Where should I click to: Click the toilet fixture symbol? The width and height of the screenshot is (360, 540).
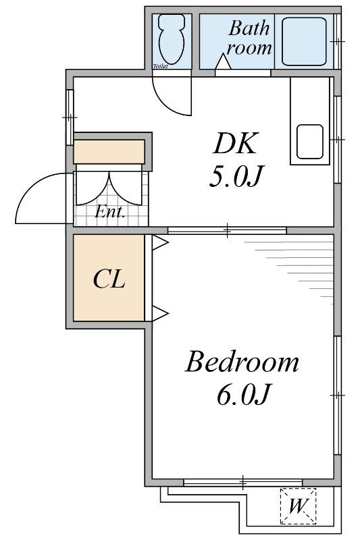point(171,39)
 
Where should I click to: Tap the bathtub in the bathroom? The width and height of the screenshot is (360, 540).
point(304,41)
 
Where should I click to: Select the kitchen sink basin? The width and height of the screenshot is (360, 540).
point(310,142)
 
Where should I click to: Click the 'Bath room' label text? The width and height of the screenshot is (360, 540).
point(249,38)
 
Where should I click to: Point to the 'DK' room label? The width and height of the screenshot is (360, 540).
point(235,143)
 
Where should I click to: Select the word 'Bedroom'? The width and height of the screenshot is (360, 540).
point(242,362)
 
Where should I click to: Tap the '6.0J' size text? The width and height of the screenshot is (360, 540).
point(242,394)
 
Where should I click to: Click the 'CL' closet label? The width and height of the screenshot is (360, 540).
point(109,279)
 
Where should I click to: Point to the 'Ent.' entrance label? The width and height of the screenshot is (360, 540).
point(110,212)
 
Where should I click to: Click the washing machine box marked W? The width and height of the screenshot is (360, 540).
point(298,506)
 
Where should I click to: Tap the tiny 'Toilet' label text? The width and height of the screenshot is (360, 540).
point(161,66)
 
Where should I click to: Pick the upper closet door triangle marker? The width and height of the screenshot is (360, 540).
point(160,242)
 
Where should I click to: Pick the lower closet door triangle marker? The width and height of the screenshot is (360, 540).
point(160,313)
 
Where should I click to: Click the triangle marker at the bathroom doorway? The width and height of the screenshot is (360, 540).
point(224,62)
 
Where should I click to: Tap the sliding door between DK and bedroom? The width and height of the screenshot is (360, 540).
point(227,230)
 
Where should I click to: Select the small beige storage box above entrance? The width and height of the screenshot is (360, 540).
point(109,151)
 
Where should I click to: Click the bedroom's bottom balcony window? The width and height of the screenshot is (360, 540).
point(243,482)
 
